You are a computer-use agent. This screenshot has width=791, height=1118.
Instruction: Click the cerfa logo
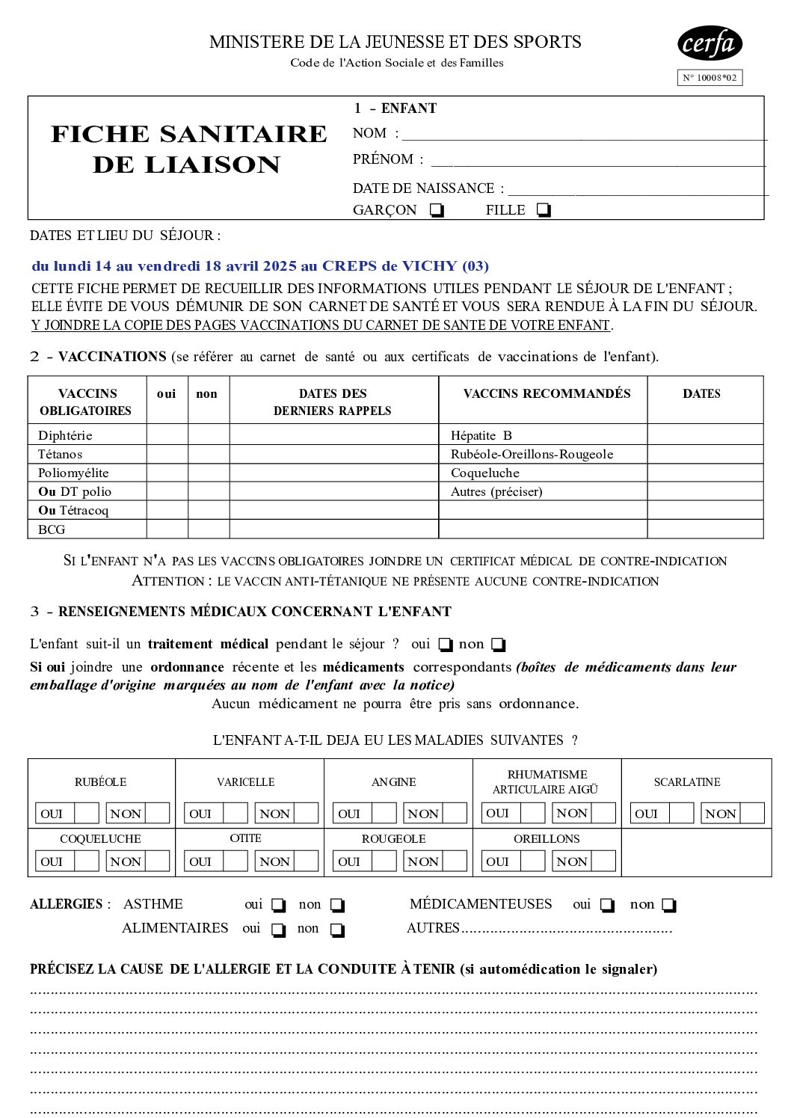click(x=710, y=43)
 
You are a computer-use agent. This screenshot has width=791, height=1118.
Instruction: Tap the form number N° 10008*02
click(x=710, y=78)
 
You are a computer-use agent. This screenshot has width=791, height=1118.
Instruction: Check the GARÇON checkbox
click(x=437, y=210)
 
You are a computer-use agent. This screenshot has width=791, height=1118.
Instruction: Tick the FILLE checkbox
click(x=544, y=210)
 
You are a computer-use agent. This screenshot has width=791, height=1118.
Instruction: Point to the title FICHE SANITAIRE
click(x=188, y=134)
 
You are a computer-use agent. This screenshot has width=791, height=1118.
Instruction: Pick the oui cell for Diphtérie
click(x=167, y=435)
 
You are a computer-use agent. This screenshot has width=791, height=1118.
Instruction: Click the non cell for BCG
click(x=208, y=529)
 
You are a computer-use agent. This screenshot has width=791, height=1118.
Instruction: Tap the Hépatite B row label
click(x=481, y=435)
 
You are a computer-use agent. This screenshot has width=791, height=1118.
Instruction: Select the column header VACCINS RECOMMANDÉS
click(x=547, y=393)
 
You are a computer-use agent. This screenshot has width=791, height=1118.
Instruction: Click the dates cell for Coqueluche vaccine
click(x=704, y=473)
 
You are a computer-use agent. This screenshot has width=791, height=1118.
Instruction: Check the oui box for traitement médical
click(x=446, y=645)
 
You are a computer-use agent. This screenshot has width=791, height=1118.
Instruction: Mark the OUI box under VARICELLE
click(x=236, y=814)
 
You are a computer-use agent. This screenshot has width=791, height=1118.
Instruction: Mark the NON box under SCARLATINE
click(x=752, y=814)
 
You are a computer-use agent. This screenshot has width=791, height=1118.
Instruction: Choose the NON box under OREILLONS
click(x=603, y=861)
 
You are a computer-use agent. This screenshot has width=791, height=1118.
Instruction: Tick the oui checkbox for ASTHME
click(x=278, y=906)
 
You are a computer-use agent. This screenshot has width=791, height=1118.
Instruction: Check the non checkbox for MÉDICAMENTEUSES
click(x=669, y=906)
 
